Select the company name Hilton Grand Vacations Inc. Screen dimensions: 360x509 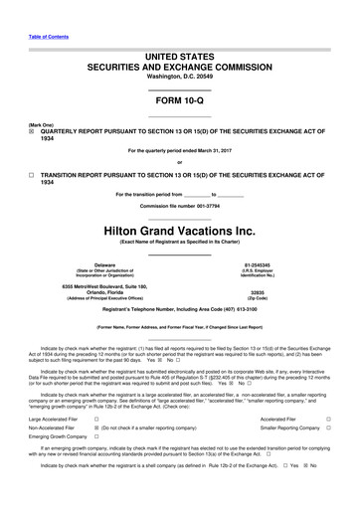tap(179, 229)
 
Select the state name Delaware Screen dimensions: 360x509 tap(90, 264)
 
